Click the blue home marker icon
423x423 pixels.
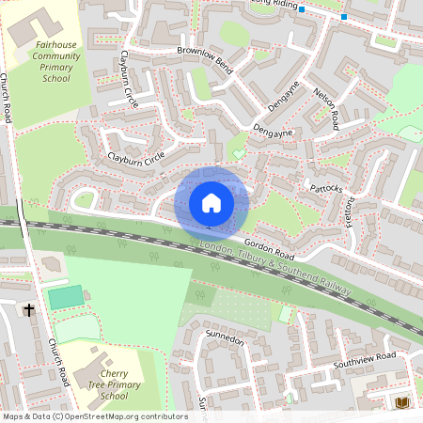tap(211, 202)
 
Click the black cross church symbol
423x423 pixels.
tap(28, 309)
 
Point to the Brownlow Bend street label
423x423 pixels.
tap(204, 58)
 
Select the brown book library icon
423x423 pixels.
tap(403, 402)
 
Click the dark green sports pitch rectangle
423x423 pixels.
tap(65, 298)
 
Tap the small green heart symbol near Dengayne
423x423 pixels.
tap(239, 151)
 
